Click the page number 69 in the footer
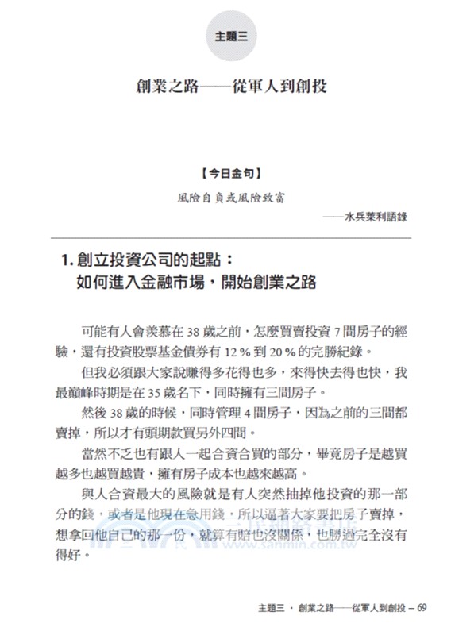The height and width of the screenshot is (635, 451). (422, 610)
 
